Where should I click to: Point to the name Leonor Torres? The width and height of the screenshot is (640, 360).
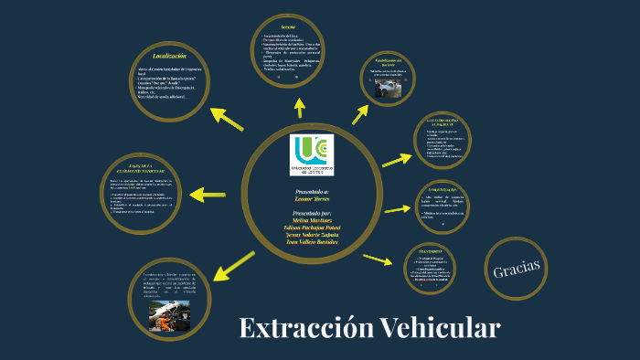310,197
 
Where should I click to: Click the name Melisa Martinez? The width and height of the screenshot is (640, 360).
310,220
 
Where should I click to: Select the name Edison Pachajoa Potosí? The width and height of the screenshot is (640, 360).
310,228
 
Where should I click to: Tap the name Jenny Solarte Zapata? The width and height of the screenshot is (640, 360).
310,235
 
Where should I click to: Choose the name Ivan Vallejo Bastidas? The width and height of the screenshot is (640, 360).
310,242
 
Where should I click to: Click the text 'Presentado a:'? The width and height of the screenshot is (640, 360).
310,190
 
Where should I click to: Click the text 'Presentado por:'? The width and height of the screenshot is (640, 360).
310,212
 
